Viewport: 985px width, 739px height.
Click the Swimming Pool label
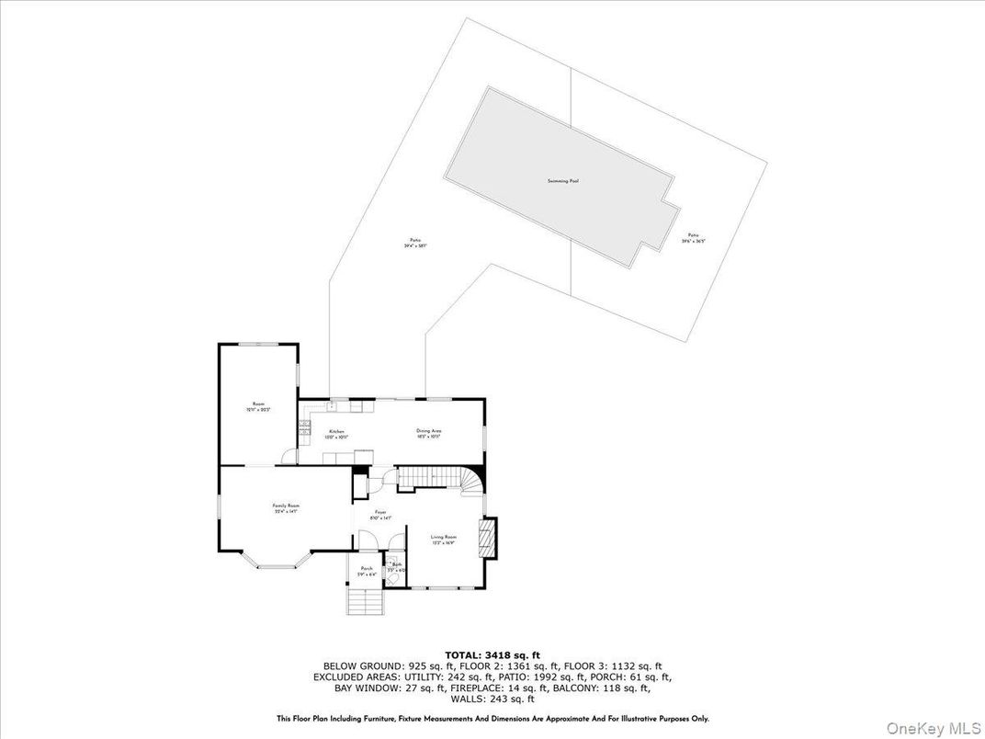pos(562,181)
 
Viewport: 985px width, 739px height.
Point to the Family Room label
pos(286,507)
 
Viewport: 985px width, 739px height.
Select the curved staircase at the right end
pos(471,481)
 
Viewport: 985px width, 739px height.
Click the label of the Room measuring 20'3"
pos(258,406)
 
